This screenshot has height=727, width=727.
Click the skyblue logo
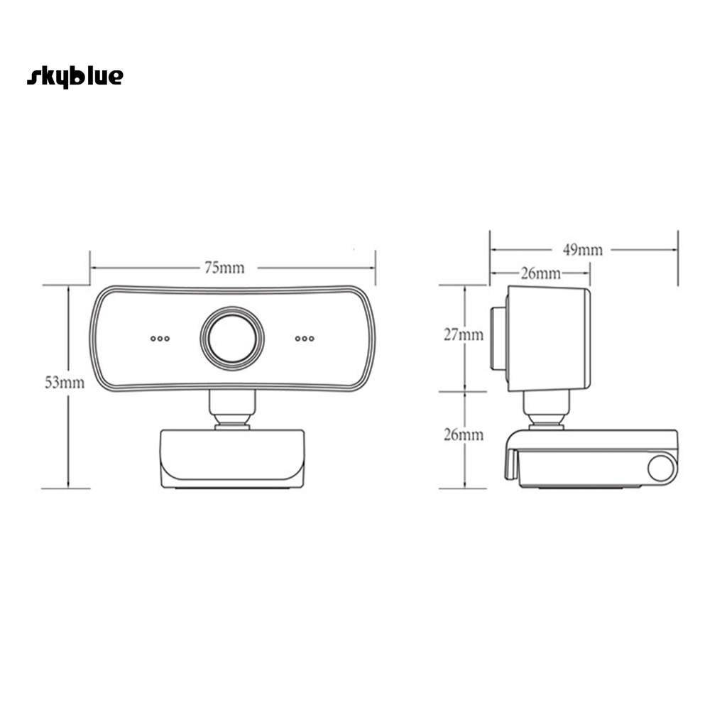[75, 77]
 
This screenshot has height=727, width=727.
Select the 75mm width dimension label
[224, 268]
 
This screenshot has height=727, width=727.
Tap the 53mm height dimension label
[65, 383]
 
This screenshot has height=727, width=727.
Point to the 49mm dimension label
[583, 249]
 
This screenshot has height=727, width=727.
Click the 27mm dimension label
[464, 334]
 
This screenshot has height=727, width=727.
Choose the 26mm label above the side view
[541, 273]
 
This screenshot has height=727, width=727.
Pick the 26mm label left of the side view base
[464, 434]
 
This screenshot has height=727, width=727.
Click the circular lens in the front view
[232, 338]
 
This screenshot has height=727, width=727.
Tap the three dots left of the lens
[160, 339]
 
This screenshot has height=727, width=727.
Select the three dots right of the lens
[305, 339]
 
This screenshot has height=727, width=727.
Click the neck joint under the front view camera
[232, 410]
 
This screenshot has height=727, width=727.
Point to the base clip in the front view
[232, 458]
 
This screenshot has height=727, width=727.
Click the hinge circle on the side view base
[660, 469]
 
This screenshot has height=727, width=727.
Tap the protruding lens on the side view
[498, 339]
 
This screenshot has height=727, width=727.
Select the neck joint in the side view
[545, 410]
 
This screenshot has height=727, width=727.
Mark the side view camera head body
[548, 339]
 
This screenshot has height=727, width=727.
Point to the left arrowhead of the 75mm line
[93, 268]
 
